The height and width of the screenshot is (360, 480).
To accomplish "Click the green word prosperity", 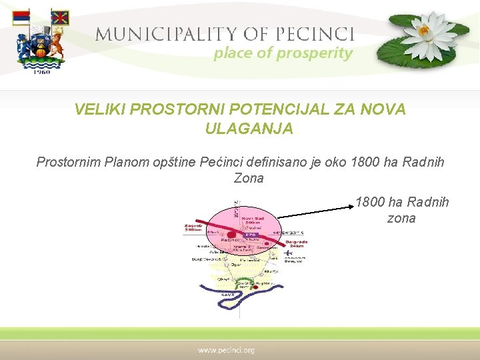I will [313, 53].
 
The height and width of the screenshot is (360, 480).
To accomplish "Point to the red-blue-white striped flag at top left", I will [21, 18].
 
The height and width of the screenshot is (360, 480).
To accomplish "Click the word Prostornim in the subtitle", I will [69, 162].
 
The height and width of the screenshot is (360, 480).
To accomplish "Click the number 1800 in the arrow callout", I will [369, 202].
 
